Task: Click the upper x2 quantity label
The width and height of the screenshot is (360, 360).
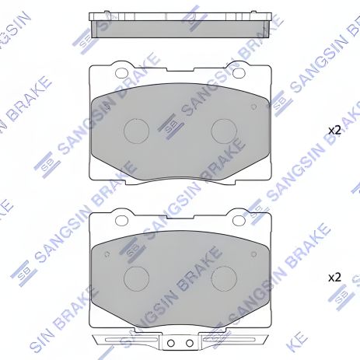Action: click(334, 131)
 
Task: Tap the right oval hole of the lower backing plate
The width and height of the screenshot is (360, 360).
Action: click(240, 220)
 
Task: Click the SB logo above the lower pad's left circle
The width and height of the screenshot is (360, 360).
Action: click(132, 249)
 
